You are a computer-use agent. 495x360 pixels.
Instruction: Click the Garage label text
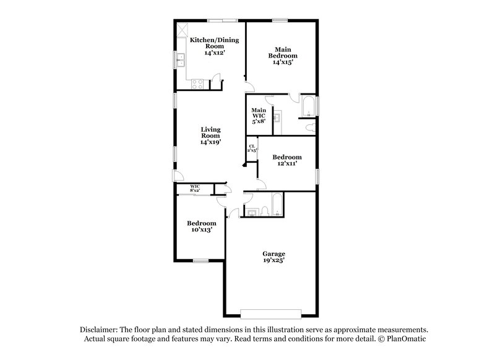click(x=273, y=254)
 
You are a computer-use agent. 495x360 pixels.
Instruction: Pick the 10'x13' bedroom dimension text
click(x=202, y=230)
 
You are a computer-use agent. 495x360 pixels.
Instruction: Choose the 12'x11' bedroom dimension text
click(x=287, y=165)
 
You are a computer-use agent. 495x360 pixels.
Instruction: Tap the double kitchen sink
click(x=181, y=60)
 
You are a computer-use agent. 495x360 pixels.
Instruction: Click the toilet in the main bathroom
click(x=311, y=127)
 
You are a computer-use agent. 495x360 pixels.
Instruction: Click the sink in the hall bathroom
click(x=251, y=213)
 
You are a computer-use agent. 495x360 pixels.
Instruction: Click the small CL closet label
click(x=252, y=149)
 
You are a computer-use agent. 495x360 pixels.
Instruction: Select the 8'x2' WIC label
click(x=194, y=187)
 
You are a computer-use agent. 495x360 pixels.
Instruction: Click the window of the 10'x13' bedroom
click(x=200, y=260)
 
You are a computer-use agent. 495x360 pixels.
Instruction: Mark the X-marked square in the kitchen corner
click(x=183, y=29)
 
